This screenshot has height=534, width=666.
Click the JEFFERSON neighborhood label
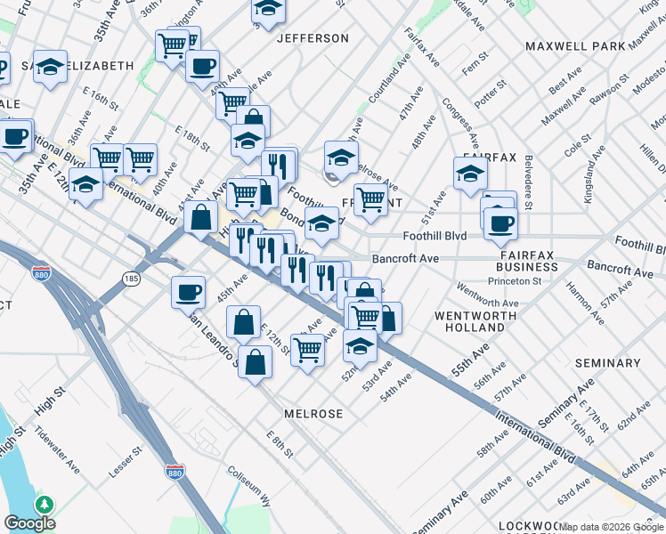tap(313, 38)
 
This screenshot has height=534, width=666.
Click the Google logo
tap(29, 523)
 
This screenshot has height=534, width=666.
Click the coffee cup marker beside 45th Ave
tap(189, 292)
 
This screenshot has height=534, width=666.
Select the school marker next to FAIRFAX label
tap(470, 174)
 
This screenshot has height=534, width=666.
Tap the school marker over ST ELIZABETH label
tap(51, 66)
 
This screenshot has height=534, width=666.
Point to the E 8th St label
tap(280, 439)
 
